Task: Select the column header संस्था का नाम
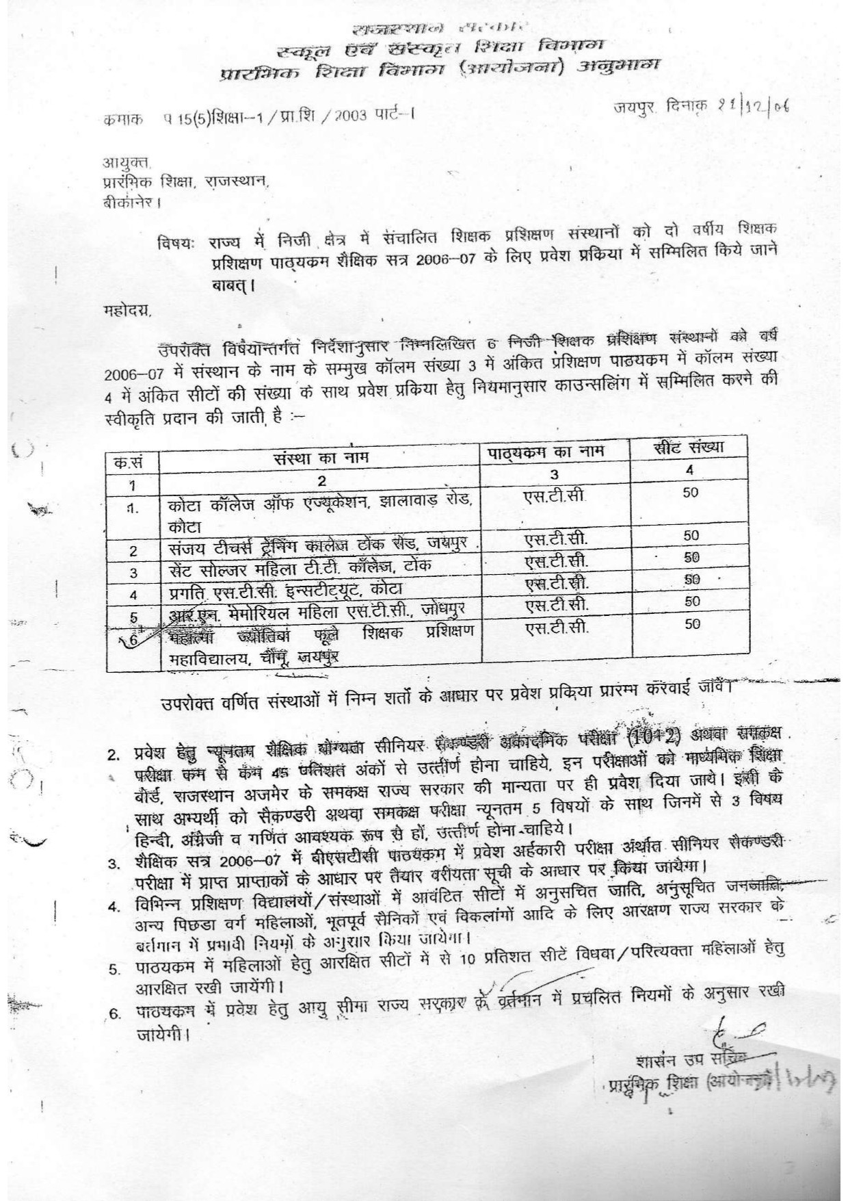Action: (x=320, y=456)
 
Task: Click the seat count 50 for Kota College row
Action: (x=691, y=493)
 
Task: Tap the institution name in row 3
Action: (x=301, y=568)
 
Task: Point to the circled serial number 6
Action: (x=132, y=638)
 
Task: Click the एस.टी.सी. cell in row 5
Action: (x=555, y=605)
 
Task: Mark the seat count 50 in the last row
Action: (x=692, y=623)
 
